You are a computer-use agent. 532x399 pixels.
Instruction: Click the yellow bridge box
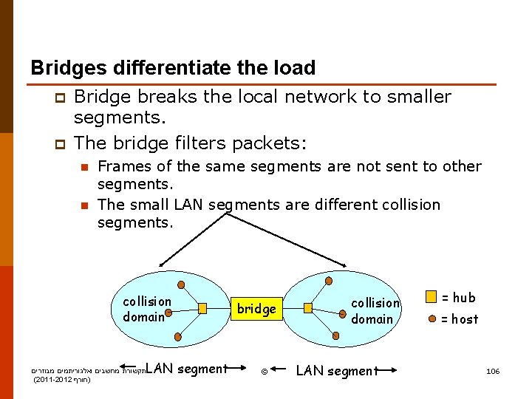click(x=256, y=309)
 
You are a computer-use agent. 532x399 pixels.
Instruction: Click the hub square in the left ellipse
click(x=202, y=308)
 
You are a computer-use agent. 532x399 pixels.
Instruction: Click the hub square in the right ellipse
click(x=308, y=308)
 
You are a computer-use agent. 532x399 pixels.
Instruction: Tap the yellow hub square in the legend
click(x=431, y=298)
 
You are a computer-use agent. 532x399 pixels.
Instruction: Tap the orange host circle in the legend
click(x=431, y=319)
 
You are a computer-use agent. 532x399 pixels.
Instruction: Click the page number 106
click(x=493, y=371)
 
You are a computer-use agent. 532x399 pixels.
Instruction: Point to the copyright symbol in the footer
click(x=265, y=371)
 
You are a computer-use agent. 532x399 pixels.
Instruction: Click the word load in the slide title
click(x=294, y=68)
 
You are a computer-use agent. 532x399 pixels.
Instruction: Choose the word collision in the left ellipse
click(x=147, y=301)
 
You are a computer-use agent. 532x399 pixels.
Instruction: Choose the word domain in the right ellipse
click(x=372, y=319)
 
